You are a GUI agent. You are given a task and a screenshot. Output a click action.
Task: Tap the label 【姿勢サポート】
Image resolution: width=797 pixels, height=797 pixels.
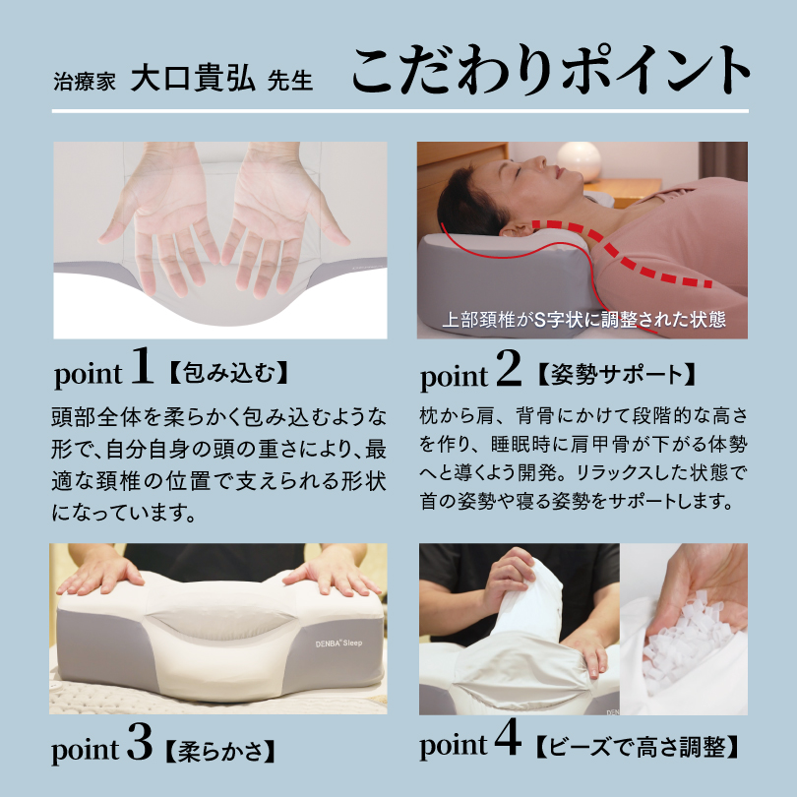[x=617, y=374]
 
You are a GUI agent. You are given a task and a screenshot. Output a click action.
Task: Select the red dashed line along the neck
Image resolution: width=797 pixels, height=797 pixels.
[x=630, y=246]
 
